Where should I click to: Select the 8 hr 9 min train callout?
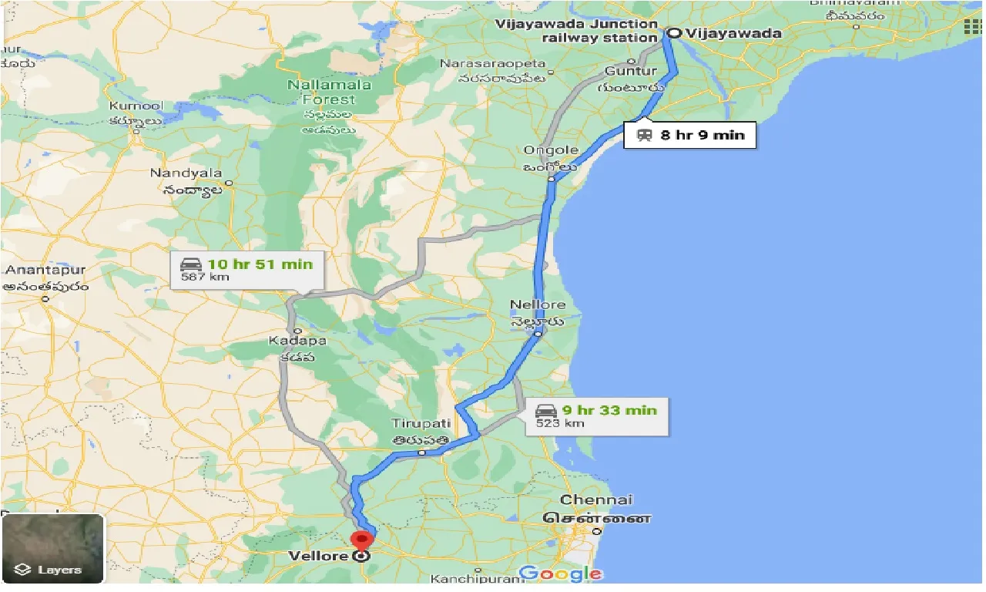tap(689, 135)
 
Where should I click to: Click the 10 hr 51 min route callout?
tap(246, 270)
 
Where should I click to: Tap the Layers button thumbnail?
tap(52, 548)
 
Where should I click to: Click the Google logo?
tap(560, 573)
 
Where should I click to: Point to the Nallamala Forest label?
tap(329, 92)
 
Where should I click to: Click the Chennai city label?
tap(596, 500)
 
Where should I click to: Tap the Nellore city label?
tap(537, 305)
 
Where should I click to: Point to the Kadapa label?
tap(297, 340)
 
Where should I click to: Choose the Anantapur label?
tap(45, 271)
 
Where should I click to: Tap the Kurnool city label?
tap(133, 105)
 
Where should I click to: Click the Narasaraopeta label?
tap(492, 63)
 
